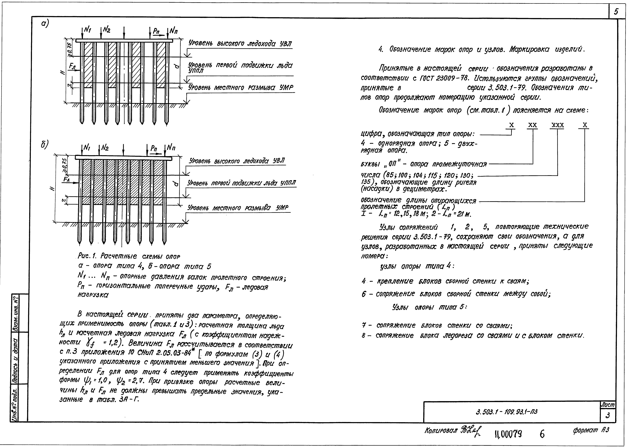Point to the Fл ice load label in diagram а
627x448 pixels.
[73, 66]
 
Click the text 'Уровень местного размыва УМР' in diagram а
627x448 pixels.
[241, 88]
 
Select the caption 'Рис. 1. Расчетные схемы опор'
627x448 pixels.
[129, 256]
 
